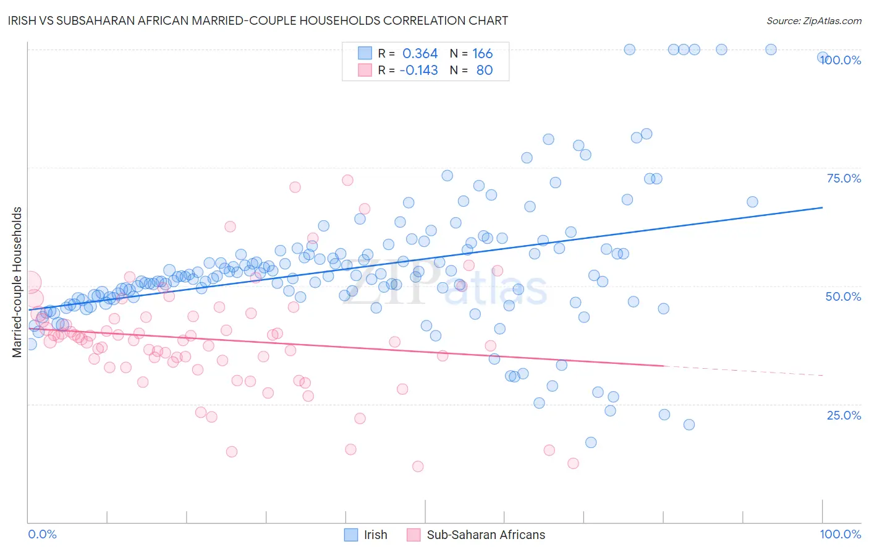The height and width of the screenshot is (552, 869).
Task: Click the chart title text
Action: point(258,20)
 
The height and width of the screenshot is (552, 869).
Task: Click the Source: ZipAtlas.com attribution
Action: point(813,20)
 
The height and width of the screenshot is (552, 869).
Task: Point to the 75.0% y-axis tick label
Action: point(844,178)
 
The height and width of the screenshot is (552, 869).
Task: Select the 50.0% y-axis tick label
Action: point(843,296)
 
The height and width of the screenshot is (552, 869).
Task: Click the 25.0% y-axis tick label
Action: point(844,415)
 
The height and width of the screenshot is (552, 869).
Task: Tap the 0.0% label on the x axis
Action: point(42,534)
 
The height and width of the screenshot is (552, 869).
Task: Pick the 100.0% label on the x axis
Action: point(840,534)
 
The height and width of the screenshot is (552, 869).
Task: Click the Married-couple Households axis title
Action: point(17,282)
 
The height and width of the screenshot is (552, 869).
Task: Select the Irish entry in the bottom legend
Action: point(375,535)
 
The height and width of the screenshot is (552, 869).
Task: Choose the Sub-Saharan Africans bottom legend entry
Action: point(486,535)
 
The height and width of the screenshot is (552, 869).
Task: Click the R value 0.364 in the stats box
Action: point(420,54)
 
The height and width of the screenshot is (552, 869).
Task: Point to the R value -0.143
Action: point(418,71)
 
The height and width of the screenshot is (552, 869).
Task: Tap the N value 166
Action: point(482,54)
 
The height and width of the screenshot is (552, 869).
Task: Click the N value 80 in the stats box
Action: point(484,71)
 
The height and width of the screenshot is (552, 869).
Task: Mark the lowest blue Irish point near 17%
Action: point(591,442)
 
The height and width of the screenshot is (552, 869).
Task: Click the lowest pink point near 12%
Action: point(418,467)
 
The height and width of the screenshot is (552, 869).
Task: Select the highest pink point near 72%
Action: point(347,180)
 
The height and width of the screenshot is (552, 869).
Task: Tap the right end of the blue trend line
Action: point(822,208)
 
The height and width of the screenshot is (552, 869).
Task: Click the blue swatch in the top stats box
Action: point(365,54)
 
